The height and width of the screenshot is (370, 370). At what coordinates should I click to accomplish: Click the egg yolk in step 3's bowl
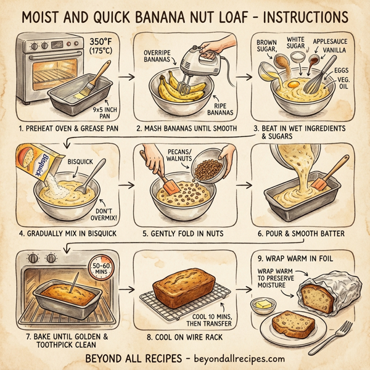pos(292,82)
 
